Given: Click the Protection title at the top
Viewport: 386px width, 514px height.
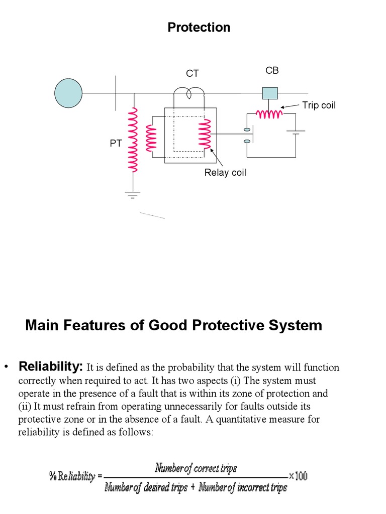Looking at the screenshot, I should (199, 28).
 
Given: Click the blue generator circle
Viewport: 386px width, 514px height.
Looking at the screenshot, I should (68, 93).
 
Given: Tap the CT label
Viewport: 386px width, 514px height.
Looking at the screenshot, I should (192, 73).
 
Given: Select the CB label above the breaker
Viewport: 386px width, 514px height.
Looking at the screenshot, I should (272, 71).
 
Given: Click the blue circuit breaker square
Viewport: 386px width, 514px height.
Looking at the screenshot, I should (270, 93).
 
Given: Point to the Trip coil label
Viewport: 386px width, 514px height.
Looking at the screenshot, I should (319, 105).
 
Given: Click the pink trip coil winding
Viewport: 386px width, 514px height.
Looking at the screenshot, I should (269, 114).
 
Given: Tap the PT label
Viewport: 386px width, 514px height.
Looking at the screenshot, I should (116, 144).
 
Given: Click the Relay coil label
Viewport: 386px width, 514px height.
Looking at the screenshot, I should (225, 173).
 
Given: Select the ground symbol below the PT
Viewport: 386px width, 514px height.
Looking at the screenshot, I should (133, 194).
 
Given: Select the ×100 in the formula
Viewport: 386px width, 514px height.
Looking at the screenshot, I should (299, 475).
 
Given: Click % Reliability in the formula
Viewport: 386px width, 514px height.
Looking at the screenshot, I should (72, 476).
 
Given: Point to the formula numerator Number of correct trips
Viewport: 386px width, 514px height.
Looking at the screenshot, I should (196, 468).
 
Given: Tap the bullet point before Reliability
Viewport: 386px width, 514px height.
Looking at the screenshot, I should (7, 367).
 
